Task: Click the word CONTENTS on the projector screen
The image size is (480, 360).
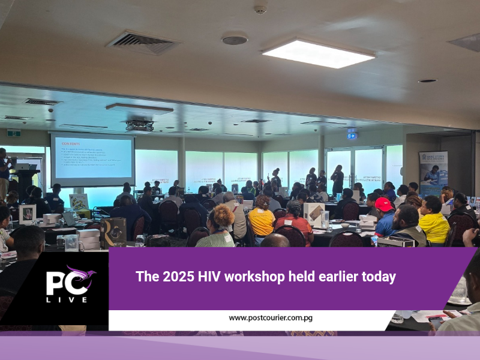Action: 68,142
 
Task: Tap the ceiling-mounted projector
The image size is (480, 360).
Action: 139,125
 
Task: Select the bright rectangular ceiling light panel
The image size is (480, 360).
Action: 318,53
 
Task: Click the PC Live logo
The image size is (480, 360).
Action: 70,285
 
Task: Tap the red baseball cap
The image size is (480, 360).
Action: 384,204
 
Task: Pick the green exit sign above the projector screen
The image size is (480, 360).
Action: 14,133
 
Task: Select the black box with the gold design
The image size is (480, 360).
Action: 114,232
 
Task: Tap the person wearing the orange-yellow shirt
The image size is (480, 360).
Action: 262,220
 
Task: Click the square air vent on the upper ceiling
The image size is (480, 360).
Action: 143,43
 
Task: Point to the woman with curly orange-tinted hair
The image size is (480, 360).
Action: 220,226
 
